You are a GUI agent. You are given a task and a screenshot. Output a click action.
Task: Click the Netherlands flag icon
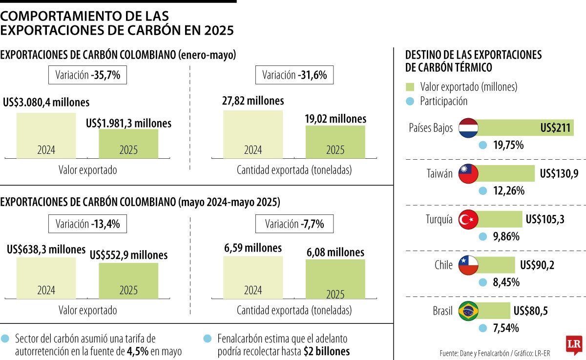point(468,128)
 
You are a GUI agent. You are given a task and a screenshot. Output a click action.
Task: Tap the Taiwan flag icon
point(468,174)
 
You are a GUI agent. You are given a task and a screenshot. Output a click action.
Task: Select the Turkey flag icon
point(468,219)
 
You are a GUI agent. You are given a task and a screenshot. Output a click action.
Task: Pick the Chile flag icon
point(468,265)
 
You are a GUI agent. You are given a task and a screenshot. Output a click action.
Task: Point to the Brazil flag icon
point(468,311)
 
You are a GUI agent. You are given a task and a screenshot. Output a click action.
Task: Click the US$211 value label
point(555,128)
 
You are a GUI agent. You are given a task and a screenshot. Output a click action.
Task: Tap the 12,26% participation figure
point(508,191)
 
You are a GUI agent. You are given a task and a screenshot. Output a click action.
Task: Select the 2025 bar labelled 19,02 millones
point(335,142)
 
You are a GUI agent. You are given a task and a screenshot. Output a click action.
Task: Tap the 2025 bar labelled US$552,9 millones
point(128,281)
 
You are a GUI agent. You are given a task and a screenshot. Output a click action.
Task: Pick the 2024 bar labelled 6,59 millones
point(253,277)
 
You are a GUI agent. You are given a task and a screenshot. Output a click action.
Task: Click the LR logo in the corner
point(573,345)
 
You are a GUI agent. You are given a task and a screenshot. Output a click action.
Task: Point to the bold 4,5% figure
point(138,351)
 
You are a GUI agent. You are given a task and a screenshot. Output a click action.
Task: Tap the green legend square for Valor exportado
point(410,87)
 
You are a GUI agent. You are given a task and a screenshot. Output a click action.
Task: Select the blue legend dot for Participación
point(410,101)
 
